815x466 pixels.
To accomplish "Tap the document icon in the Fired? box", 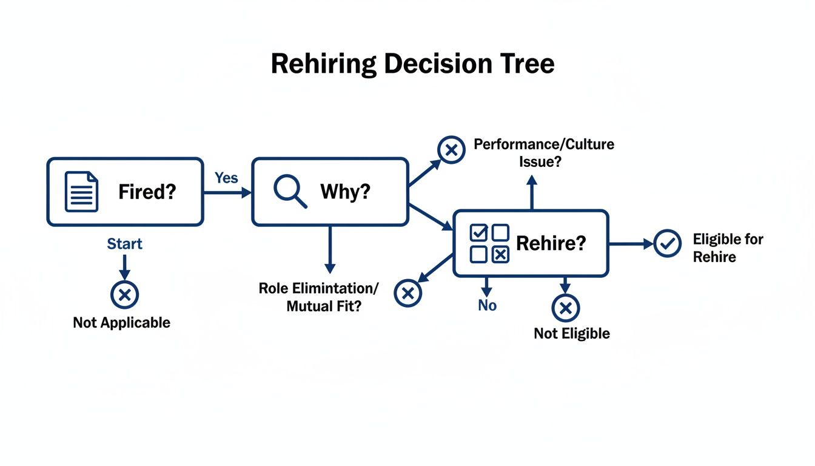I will coord(81,192).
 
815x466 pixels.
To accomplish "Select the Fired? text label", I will coord(147,192).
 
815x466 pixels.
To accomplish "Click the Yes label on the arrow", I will coord(226,178).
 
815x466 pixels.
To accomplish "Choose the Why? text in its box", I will coord(345,192).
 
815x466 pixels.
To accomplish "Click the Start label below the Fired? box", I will coord(124,244).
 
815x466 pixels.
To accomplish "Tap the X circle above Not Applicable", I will coord(124,295).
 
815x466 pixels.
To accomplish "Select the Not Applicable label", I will coord(121,323).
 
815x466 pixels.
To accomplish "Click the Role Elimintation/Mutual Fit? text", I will coord(318,297).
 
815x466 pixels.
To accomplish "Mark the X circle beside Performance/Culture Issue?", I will coord(451,150).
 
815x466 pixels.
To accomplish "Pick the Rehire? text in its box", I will coord(551,244).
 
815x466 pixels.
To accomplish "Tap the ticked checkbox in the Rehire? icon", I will coord(479,232).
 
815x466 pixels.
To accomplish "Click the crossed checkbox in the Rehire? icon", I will coord(500,255).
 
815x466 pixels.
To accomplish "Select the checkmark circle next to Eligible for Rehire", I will coord(668,244).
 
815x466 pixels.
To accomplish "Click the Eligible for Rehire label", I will coord(727,248).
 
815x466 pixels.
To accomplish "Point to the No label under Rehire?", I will coord(487,306).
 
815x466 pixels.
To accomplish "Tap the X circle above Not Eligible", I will coord(565,308).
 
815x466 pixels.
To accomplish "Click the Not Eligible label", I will coord(572,334).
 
